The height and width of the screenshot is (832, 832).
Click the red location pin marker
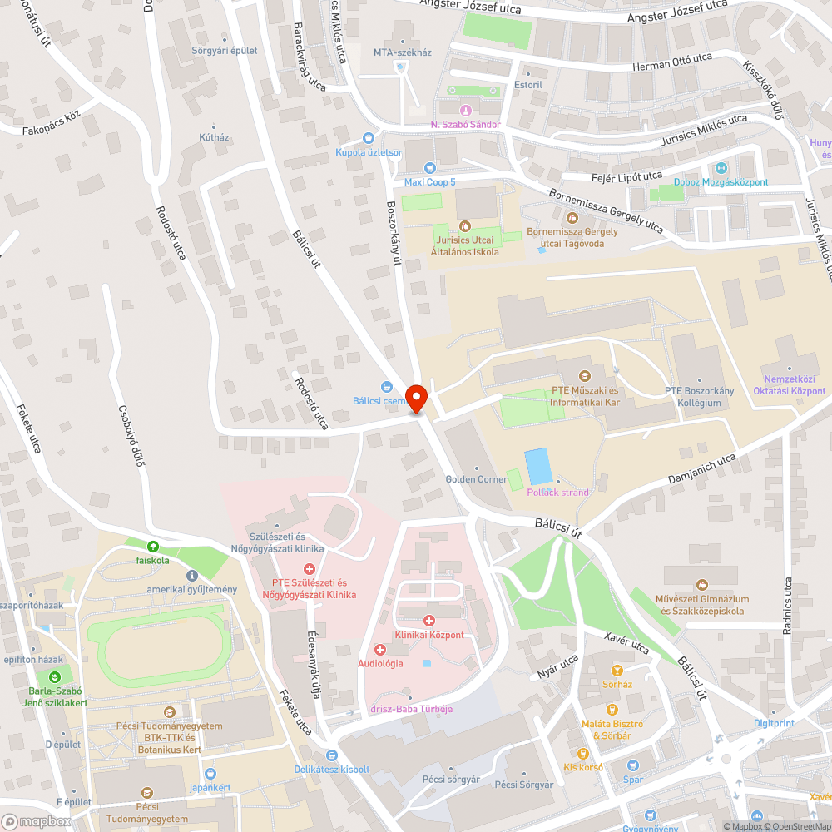click(x=416, y=398)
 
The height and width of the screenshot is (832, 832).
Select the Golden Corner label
click(x=477, y=479)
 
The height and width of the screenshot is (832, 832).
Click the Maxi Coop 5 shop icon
click(x=429, y=167)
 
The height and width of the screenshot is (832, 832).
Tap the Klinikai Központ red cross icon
click(x=429, y=621)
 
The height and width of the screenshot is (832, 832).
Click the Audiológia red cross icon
click(x=380, y=649)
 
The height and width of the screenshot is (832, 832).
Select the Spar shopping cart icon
click(x=632, y=765)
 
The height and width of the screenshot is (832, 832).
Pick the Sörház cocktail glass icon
click(x=617, y=670)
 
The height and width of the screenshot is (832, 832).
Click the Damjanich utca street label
click(x=703, y=471)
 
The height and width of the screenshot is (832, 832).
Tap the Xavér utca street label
click(x=626, y=641)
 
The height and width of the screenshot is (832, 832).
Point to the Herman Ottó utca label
click(x=672, y=60)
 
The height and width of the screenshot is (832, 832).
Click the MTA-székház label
click(x=403, y=52)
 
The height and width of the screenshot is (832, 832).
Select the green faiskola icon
click(x=152, y=547)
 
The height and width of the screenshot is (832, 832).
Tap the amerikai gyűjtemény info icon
click(x=192, y=575)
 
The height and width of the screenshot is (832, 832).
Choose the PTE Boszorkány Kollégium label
click(x=692, y=397)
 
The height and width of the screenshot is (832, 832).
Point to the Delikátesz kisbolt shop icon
click(x=331, y=755)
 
